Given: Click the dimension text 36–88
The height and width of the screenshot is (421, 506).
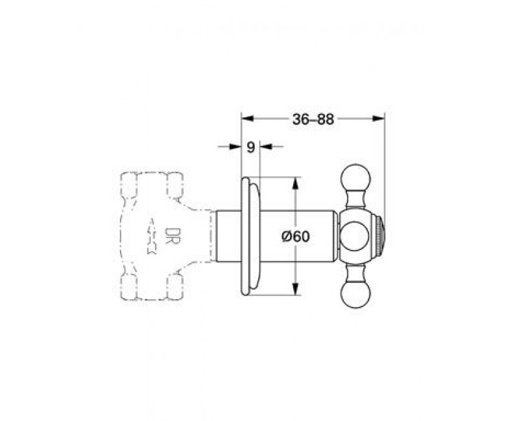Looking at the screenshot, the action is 313,120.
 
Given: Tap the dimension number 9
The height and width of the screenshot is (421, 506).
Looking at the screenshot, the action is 251,147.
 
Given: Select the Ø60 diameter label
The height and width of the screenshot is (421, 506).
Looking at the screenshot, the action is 296,237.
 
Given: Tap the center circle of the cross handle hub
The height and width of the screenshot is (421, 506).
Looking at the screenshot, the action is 355,236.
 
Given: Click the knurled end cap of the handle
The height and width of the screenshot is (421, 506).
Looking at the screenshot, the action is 380,236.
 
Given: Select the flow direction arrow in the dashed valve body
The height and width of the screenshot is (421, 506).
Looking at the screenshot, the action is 151,236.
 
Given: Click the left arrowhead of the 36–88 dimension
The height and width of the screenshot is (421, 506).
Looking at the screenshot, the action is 248,119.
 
